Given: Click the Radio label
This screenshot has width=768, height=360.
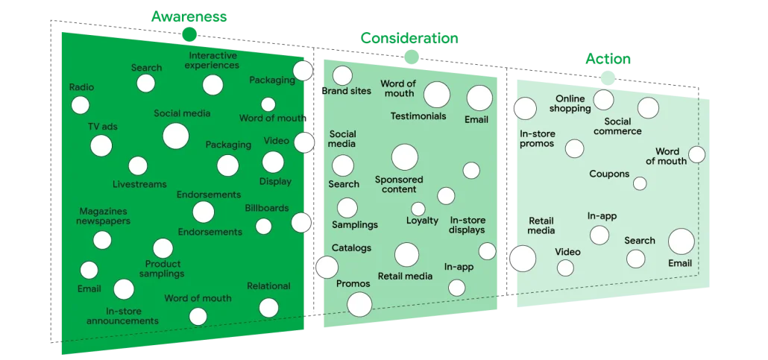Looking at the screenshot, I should [81, 87].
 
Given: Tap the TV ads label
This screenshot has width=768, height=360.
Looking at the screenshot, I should [102, 127].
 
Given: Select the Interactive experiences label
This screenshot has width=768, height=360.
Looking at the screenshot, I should [213, 60].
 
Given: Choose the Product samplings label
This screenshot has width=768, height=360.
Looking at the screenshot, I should [163, 268].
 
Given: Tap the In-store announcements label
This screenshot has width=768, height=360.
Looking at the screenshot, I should [122, 316].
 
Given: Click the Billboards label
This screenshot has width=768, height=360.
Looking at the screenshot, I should [266, 208].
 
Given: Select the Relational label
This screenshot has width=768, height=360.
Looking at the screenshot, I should [268, 286].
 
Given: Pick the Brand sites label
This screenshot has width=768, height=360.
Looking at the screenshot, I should [346, 92].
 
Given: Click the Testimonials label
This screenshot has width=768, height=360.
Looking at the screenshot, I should [418, 116].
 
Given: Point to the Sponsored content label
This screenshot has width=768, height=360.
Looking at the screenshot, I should [399, 184].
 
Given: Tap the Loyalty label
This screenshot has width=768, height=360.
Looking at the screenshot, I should [422, 221].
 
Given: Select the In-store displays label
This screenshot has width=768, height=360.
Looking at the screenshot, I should [468, 225].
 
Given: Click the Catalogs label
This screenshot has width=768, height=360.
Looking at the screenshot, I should [351, 248].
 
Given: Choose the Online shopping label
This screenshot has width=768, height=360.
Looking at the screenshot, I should [570, 104].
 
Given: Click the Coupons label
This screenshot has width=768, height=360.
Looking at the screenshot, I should [609, 174].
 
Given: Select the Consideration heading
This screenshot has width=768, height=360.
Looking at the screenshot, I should [409, 39].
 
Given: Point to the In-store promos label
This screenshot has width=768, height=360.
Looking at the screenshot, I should [537, 139].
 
